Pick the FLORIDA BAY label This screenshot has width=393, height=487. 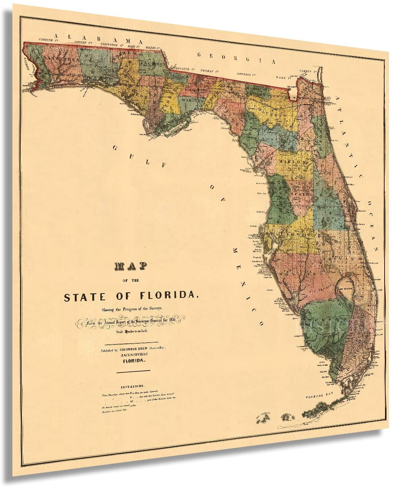[317, 395]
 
